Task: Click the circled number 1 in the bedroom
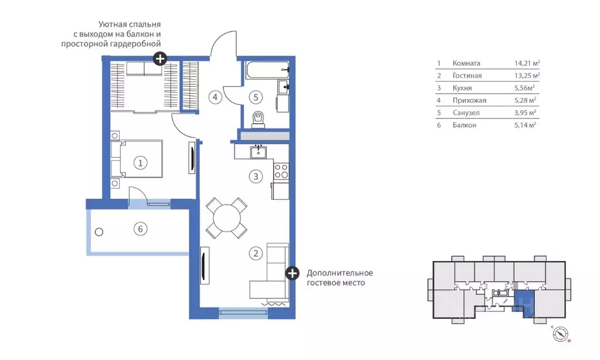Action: point(140,163)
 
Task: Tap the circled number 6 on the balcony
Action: point(140,229)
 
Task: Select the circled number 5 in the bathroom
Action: point(256,97)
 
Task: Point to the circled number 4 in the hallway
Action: point(215,97)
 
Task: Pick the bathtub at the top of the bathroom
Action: point(267,70)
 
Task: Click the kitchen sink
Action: point(259,152)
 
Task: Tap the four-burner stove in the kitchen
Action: point(282,171)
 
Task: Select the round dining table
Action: point(227,219)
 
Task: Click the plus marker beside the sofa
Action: point(292,273)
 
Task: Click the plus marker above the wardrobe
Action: point(160,59)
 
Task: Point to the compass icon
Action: point(560,334)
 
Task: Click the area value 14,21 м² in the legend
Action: point(527,63)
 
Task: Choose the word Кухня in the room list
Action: point(462,88)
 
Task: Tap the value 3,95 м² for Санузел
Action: point(525,113)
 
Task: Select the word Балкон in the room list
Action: point(464,125)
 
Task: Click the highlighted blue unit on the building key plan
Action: point(524,301)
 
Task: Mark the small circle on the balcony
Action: point(99,232)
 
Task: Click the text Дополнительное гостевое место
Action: point(340,278)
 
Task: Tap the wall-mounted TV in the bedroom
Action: point(192,158)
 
